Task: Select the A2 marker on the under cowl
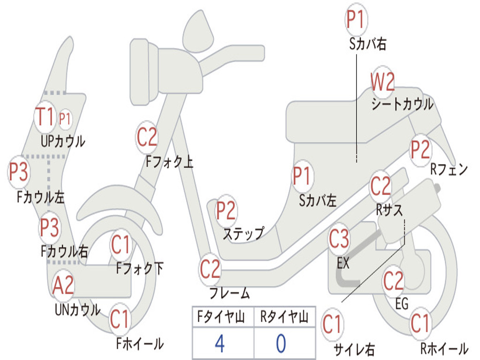pyautogui.click(x=63, y=285)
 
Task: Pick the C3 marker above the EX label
pyautogui.click(x=339, y=239)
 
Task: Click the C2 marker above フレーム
pyautogui.click(x=210, y=269)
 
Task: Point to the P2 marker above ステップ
pyautogui.click(x=226, y=210)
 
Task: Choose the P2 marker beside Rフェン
pyautogui.click(x=420, y=150)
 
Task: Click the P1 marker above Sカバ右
pyautogui.click(x=356, y=19)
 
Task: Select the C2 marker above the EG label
pyautogui.click(x=393, y=281)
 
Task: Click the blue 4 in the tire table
pyautogui.click(x=220, y=343)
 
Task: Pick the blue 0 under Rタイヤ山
pyautogui.click(x=281, y=343)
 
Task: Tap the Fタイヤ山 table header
pyautogui.click(x=221, y=317)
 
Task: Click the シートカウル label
pyautogui.click(x=403, y=105)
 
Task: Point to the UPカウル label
pyautogui.click(x=63, y=142)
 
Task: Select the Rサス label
pyautogui.click(x=390, y=210)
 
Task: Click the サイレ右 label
pyautogui.click(x=354, y=349)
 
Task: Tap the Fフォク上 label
pyautogui.click(x=170, y=162)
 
